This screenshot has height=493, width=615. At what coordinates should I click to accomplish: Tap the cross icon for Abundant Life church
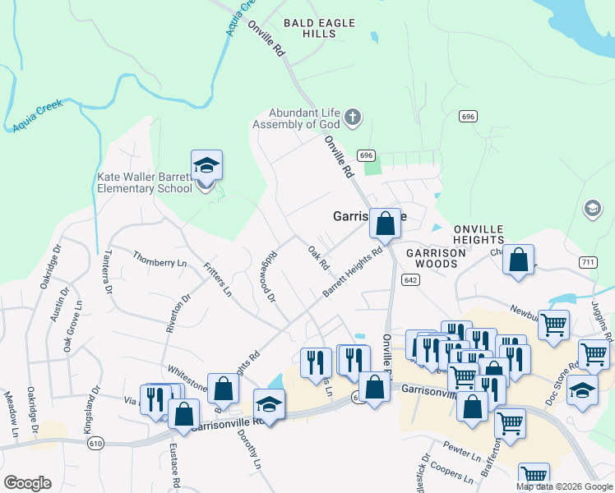(353, 117)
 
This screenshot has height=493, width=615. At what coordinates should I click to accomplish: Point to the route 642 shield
(409, 280)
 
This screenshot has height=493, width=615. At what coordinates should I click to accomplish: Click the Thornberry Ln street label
(160, 263)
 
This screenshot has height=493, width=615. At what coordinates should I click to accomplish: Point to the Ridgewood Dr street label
(270, 279)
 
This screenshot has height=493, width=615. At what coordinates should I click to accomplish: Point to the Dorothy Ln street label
(252, 453)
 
